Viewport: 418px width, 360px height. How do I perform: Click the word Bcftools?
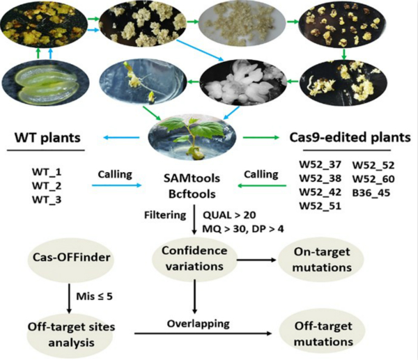click(190, 186)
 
